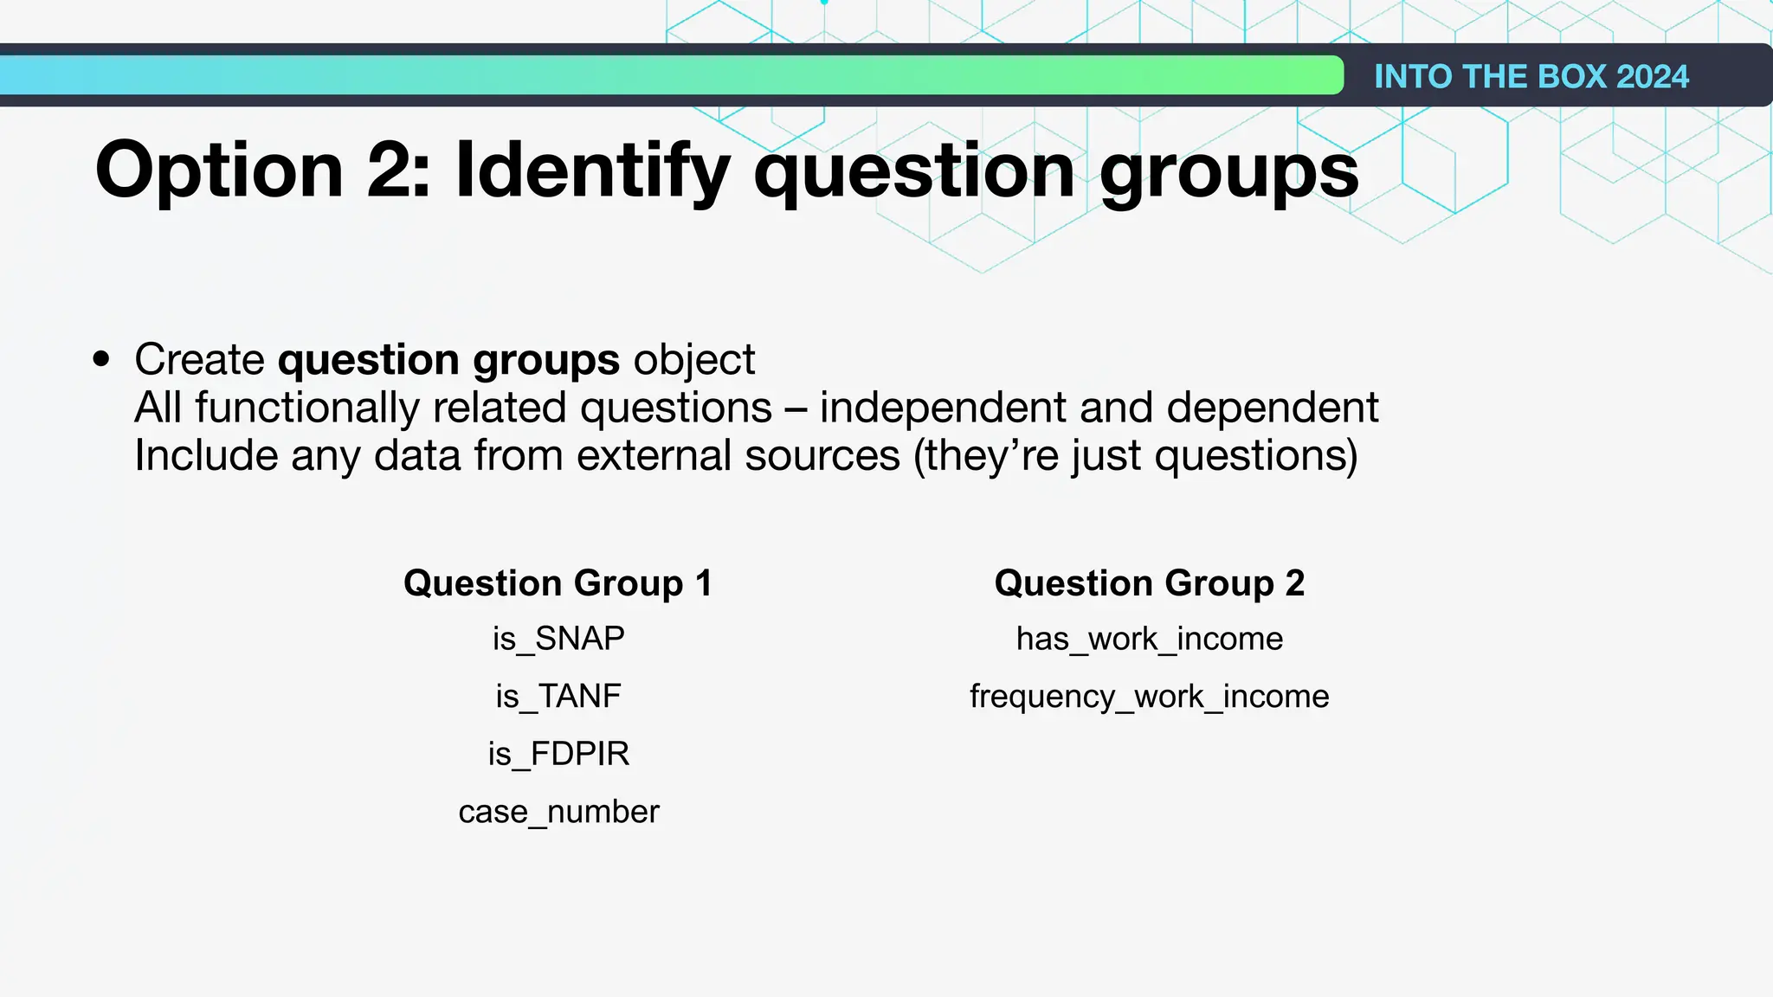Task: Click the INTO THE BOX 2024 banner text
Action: coord(1531,76)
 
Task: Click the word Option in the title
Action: coord(219,170)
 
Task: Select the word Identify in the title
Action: coord(593,170)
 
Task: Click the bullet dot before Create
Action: coord(102,358)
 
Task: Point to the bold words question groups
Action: coord(448,359)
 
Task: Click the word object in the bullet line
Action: coord(694,359)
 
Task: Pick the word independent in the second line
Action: coord(986,407)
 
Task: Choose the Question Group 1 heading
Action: coord(558,583)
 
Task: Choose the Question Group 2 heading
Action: coord(1150,583)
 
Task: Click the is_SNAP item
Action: coord(558,639)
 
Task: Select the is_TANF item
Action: coord(558,696)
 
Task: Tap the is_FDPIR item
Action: coord(558,754)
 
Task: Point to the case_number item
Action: coord(558,812)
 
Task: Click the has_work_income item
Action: coord(1150,639)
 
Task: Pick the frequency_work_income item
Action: coord(1150,696)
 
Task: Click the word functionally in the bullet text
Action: coord(307,407)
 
